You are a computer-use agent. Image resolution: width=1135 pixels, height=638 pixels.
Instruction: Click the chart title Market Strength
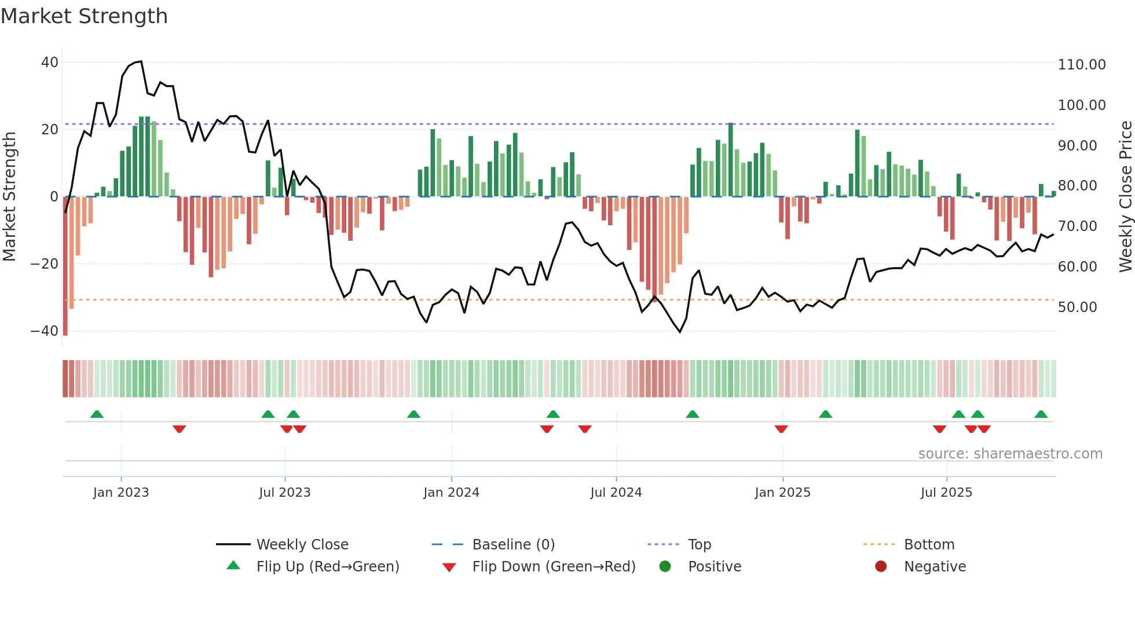pyautogui.click(x=84, y=16)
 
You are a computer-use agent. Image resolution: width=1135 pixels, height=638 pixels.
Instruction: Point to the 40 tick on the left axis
pyautogui.click(x=49, y=63)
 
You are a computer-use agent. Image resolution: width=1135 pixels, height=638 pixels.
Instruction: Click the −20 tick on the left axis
pyautogui.click(x=45, y=264)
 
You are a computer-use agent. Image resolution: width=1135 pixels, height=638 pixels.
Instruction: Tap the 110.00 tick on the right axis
pyautogui.click(x=1081, y=65)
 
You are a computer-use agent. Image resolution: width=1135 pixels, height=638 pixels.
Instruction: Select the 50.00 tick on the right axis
pyautogui.click(x=1077, y=307)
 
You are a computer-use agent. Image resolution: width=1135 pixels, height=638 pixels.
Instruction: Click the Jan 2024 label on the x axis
pyautogui.click(x=451, y=493)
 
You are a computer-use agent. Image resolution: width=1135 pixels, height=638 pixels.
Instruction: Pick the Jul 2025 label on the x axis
pyautogui.click(x=946, y=493)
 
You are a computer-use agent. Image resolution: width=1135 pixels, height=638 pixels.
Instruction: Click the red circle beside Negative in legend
pyautogui.click(x=881, y=567)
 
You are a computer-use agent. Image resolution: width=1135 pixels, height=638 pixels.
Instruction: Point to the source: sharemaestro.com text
pyautogui.click(x=1010, y=454)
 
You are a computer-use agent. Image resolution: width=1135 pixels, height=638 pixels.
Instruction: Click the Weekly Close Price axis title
pyautogui.click(x=1125, y=197)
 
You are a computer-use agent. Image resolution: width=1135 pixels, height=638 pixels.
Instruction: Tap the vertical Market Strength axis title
pyautogui.click(x=10, y=197)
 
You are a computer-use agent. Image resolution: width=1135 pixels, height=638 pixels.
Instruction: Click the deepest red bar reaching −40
pyautogui.click(x=65, y=266)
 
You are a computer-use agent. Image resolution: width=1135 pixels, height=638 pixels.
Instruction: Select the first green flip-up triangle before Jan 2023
pyautogui.click(x=97, y=415)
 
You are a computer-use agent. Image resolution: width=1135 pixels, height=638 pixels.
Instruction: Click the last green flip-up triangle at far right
pyautogui.click(x=1041, y=415)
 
